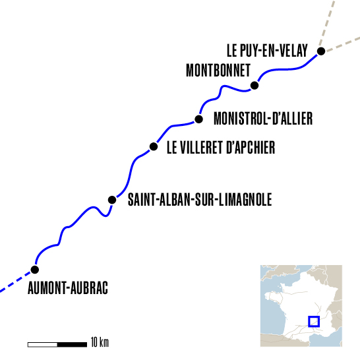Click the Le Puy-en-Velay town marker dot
tap(320, 51)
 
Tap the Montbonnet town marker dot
tap(255, 85)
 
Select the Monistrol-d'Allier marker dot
tap(198, 119)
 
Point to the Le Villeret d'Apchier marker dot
tap(154, 146)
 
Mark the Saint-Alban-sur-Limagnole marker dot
tap(112, 199)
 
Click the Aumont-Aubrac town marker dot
tap(34, 269)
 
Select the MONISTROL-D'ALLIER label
tap(263, 119)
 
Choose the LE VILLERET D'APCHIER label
tap(220, 147)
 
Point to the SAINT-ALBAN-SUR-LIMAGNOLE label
tap(199, 198)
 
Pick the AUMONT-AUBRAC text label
tap(67, 288)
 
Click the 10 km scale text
tap(100, 343)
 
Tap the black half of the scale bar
tap(73, 344)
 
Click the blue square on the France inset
tap(314, 321)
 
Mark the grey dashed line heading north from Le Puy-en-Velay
tap(330, 23)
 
